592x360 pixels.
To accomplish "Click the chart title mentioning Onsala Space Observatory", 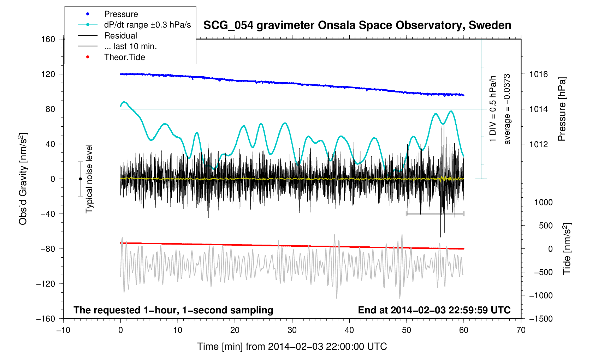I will [x=357, y=25].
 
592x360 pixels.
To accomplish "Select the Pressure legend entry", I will [x=121, y=14].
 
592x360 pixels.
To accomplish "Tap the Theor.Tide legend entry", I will [x=124, y=57].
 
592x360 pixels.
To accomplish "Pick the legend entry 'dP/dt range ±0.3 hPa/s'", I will [x=147, y=25].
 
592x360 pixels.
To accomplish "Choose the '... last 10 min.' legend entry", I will [x=130, y=46].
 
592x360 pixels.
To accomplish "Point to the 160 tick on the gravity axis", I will [x=48, y=39].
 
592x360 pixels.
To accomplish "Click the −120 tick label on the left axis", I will [x=46, y=284].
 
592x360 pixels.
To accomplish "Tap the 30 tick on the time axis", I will [x=292, y=330].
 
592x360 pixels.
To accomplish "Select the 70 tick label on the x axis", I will [x=521, y=330].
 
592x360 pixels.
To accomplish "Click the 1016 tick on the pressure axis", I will [x=538, y=74].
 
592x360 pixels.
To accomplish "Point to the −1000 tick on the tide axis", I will [x=540, y=295].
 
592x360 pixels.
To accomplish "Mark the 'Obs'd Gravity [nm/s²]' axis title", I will [x=23, y=179].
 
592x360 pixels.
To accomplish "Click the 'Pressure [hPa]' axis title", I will [x=562, y=109].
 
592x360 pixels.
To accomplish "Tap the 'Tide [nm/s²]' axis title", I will [x=567, y=248].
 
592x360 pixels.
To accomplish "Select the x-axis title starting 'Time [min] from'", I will [x=292, y=347].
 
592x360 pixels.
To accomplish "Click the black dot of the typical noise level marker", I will [x=80, y=179].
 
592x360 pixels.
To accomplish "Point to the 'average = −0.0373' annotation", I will [x=507, y=109].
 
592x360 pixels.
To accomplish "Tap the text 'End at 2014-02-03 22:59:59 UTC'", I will [x=434, y=310].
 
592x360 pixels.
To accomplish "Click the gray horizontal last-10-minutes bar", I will [x=435, y=214].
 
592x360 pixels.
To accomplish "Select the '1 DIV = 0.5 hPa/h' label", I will [x=493, y=109].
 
